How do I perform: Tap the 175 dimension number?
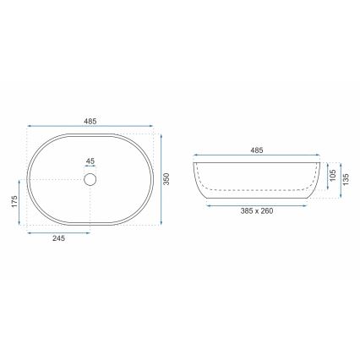[x=15, y=203]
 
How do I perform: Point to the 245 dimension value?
[x=58, y=240]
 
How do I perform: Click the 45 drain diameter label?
[x=91, y=162]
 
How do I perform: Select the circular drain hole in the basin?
[x=91, y=179]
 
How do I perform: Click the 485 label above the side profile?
[x=257, y=150]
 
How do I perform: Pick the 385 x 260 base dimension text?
[x=257, y=211]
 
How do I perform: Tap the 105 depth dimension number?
[x=331, y=175]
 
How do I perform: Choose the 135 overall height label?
[x=346, y=179]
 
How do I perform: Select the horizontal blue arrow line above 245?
[x=58, y=232]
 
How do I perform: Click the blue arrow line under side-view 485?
[x=257, y=156]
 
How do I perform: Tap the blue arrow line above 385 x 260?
[x=257, y=204]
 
